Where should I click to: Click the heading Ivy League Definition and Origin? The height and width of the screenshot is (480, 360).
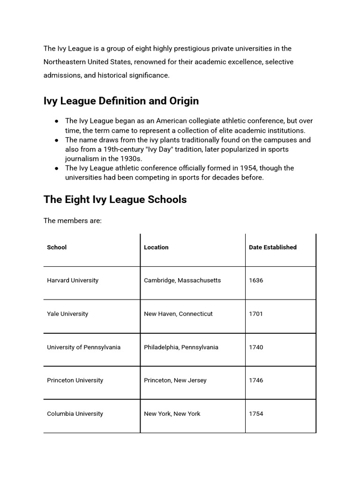pos(121,101)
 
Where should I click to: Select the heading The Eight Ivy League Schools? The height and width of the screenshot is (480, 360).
pos(115,200)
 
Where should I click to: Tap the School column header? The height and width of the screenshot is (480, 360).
pos(57,247)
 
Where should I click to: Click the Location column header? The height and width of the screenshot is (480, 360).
pos(156,247)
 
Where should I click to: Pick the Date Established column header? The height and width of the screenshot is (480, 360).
pos(272,247)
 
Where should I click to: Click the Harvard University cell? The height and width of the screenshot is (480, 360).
pos(73,280)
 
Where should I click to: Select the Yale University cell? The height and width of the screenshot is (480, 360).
pos(67,314)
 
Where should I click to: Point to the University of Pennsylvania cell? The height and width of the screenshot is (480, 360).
pos(83,347)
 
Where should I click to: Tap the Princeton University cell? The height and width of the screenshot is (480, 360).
pos(75,380)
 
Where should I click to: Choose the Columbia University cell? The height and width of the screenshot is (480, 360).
pos(75,414)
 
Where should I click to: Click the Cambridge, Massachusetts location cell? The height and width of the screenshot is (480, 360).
pos(182,280)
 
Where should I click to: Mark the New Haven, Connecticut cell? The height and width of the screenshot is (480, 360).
pos(178,314)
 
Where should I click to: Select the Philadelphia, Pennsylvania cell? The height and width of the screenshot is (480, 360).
pos(181,347)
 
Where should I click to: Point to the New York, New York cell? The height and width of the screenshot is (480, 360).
pos(172,414)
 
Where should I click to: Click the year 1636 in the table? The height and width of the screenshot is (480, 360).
pos(256,280)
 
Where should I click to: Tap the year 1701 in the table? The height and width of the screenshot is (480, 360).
pos(256,314)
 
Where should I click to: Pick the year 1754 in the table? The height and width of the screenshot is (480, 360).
pos(256,414)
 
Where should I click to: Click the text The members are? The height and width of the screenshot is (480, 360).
pos(72,221)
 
